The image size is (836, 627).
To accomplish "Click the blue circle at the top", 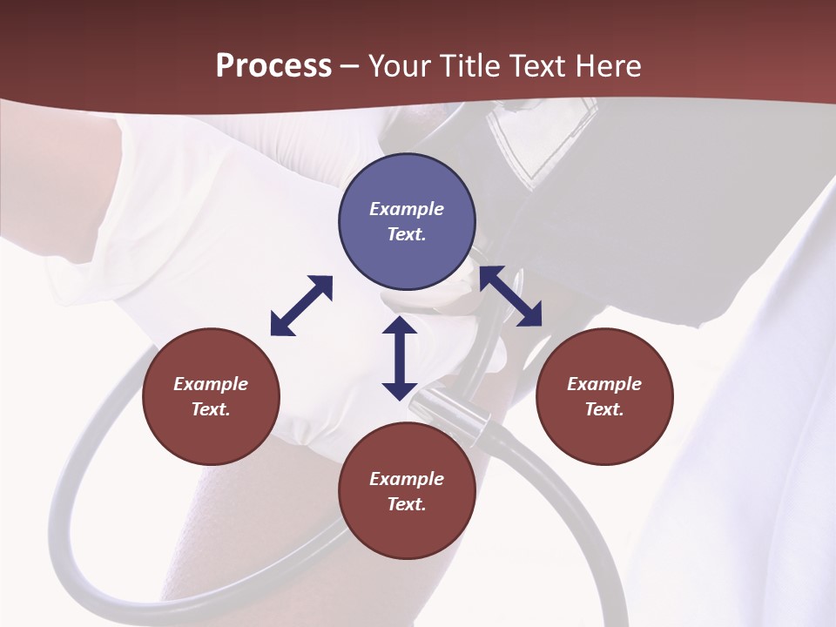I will (407, 222).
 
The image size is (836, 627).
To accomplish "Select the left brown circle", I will (211, 397).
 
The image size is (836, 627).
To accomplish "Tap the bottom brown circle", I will (407, 491).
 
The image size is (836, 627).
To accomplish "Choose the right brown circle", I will (603, 397).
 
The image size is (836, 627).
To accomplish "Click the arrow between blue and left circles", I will (301, 306).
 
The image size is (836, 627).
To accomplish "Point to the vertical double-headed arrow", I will (400, 358).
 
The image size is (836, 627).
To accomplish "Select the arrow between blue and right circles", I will (510, 296).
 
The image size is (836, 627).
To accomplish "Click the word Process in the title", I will (273, 65).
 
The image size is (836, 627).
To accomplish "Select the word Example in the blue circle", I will (407, 209).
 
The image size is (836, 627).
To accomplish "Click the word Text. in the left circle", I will (211, 409).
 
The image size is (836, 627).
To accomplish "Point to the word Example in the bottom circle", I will (407, 478).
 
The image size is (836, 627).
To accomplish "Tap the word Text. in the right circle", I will (603, 409).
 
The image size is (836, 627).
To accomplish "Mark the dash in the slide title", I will (350, 67).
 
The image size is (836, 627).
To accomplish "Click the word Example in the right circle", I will (603, 384).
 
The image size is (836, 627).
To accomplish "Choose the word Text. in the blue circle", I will (407, 234).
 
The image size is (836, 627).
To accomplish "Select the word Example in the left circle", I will (211, 384).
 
